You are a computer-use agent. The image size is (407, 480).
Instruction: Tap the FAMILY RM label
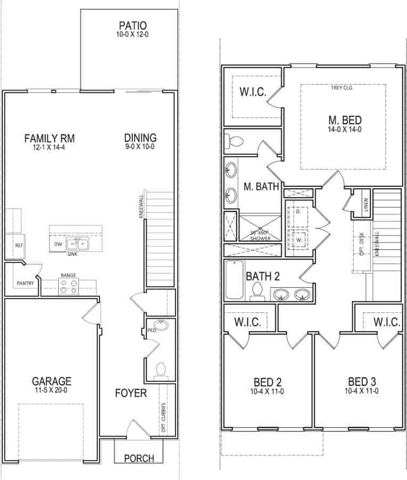(50, 139)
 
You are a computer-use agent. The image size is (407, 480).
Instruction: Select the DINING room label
(140, 138)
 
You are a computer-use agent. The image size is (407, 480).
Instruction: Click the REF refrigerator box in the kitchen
(19, 246)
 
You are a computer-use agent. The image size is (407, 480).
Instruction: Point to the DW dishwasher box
(58, 245)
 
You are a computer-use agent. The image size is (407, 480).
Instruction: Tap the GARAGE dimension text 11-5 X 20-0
(51, 390)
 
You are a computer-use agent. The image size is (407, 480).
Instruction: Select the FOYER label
(131, 394)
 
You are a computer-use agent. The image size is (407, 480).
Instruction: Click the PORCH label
(139, 458)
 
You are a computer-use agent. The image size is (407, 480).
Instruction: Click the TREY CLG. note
(342, 88)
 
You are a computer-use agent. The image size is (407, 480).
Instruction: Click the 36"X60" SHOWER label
(259, 235)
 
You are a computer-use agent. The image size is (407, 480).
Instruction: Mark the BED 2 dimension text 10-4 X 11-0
(268, 391)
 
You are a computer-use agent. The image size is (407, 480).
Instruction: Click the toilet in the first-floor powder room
(161, 370)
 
